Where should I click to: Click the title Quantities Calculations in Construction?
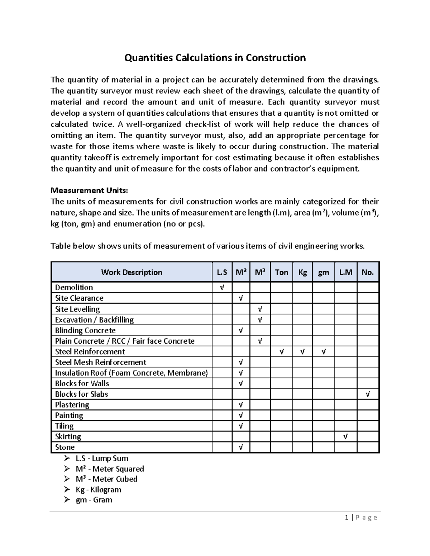tap(215, 58)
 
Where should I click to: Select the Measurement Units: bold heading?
tap(89, 190)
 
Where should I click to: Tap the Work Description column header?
tap(132, 272)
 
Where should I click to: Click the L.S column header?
tap(222, 272)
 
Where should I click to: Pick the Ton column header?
tap(281, 272)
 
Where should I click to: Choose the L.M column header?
tap(345, 272)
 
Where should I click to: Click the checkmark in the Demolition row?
tap(222, 287)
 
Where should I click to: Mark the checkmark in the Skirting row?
tap(345, 436)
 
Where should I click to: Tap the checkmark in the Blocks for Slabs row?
tap(368, 394)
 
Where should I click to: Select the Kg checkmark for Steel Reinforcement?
tap(302, 352)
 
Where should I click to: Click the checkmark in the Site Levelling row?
tap(260, 309)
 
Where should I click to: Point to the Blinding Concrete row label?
tap(85, 330)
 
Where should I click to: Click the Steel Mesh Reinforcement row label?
tap(100, 362)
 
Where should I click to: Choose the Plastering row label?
tap(72, 405)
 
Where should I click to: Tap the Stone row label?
tap(65, 447)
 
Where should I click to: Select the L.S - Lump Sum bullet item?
tap(102, 458)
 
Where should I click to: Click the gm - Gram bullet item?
tap(94, 500)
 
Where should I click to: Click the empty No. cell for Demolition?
tap(368, 287)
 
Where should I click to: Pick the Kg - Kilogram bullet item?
tap(98, 489)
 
